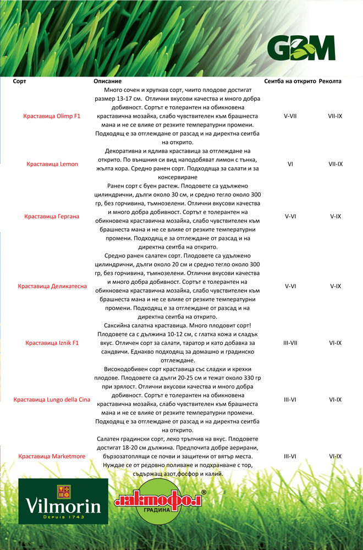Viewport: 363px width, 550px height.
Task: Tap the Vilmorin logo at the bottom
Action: point(63,501)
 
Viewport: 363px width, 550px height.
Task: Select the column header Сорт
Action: point(19,81)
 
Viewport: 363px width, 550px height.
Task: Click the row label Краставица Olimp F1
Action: point(52,117)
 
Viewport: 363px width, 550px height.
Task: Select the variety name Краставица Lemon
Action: point(52,164)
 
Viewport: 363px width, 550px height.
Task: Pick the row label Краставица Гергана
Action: point(52,216)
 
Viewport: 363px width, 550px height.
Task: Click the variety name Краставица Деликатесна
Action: point(52,287)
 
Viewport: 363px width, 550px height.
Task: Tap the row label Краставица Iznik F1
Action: point(52,343)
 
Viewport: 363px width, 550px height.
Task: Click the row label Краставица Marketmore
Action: point(52,457)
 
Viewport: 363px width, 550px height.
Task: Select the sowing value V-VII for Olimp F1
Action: point(290,117)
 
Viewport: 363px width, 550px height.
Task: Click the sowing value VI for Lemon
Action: point(290,164)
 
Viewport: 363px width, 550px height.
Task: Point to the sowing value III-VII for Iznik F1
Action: point(290,343)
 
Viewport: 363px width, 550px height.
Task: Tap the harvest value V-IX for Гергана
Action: point(335,216)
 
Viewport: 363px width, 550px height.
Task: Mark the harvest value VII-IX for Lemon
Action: point(335,164)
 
